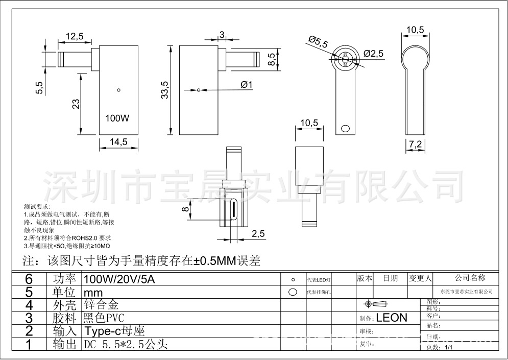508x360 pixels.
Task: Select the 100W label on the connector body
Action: tap(117, 118)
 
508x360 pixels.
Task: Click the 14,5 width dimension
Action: tap(118, 142)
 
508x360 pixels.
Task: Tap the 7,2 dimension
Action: tap(415, 145)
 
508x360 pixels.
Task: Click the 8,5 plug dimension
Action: tap(272, 57)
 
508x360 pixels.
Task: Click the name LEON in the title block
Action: tap(392, 318)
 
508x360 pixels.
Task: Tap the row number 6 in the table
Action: tap(29, 279)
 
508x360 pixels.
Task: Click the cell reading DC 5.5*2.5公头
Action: tap(126, 345)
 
